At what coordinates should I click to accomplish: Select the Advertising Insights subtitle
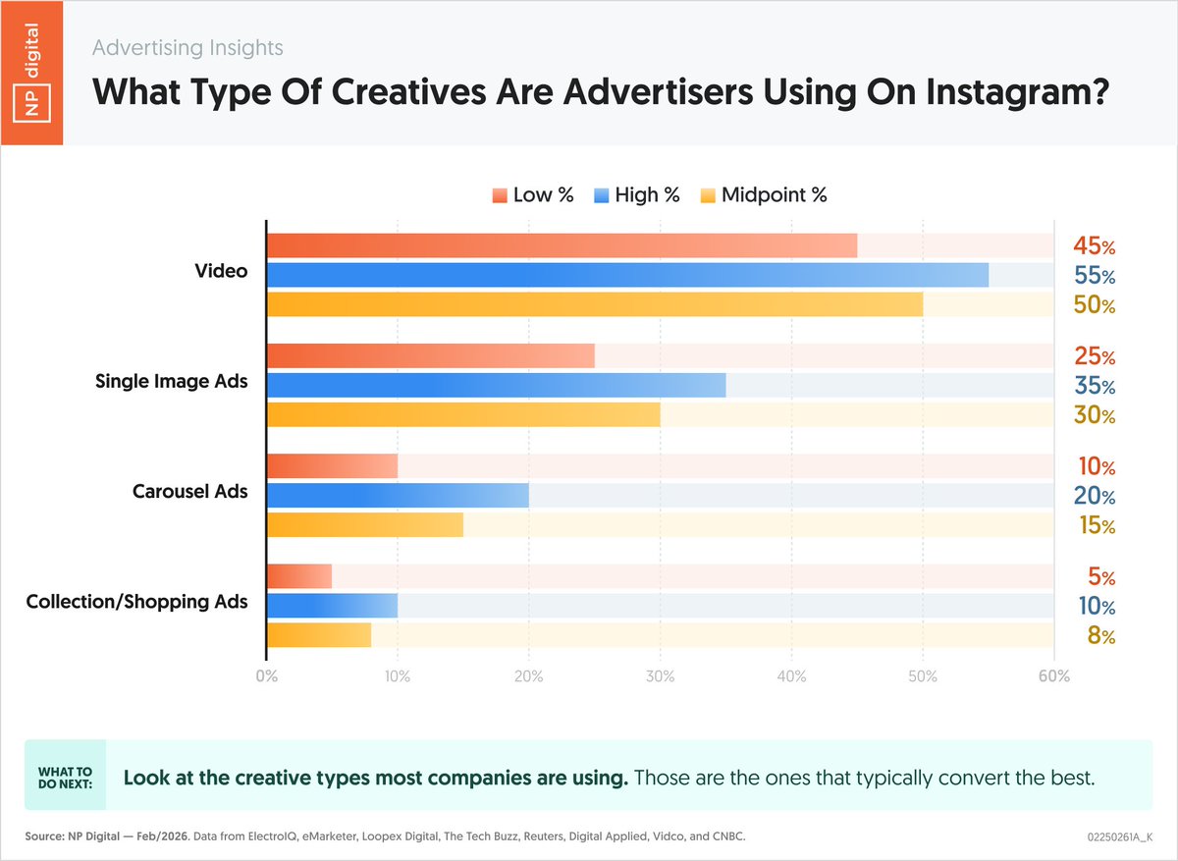[x=187, y=47]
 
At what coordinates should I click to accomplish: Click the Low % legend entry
[x=533, y=194]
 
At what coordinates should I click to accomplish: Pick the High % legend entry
[x=636, y=194]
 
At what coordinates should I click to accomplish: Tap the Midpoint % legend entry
[x=764, y=194]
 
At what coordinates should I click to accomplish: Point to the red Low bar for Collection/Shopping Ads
[x=299, y=576]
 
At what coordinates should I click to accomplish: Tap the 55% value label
[x=1094, y=276]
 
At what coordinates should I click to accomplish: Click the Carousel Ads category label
[x=189, y=491]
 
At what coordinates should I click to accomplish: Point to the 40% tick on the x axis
[x=791, y=677]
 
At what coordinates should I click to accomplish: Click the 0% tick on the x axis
[x=266, y=677]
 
